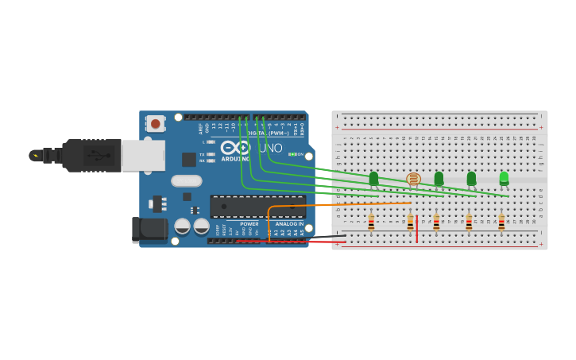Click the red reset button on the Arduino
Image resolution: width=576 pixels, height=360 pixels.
156,123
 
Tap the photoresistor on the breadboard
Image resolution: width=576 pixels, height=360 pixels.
413,180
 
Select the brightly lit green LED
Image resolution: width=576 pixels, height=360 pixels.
504,178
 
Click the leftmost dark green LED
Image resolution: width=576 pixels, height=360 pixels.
373,179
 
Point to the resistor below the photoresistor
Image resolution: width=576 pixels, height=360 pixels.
410,223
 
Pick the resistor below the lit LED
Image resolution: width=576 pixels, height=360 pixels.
501,223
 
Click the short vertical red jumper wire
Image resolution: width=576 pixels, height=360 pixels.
417,228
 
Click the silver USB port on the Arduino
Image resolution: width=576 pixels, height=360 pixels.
143,156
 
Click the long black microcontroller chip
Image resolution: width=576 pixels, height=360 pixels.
257,207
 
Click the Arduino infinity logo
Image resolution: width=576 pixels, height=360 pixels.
236,148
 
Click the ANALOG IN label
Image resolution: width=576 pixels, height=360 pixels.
288,224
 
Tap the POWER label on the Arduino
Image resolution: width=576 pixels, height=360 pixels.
249,224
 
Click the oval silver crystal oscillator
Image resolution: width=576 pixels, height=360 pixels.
186,180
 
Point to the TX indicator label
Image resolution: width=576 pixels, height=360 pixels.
202,154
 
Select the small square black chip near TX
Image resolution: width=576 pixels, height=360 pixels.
189,159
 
